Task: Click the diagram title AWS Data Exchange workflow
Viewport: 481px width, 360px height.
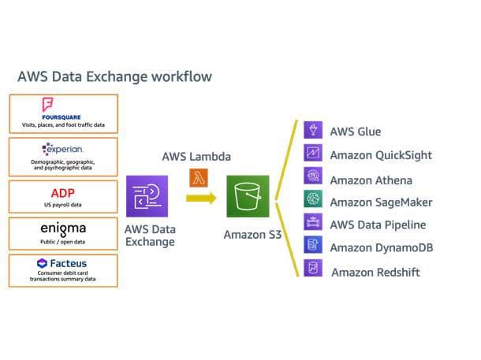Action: (114, 77)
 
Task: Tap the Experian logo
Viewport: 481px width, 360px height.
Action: (62, 149)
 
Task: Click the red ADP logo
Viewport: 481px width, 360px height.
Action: (62, 192)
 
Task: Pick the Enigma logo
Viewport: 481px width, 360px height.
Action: (62, 228)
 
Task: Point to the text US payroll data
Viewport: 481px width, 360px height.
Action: (62, 204)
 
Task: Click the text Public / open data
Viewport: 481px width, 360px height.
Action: (62, 242)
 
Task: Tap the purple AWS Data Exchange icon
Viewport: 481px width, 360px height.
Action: (147, 196)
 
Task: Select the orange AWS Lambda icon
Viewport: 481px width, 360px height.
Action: (198, 178)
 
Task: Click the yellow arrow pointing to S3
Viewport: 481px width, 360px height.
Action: (201, 199)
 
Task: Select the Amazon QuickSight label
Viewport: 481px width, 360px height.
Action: (380, 155)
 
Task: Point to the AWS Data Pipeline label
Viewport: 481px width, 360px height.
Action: (378, 225)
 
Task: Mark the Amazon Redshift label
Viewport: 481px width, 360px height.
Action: (375, 272)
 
